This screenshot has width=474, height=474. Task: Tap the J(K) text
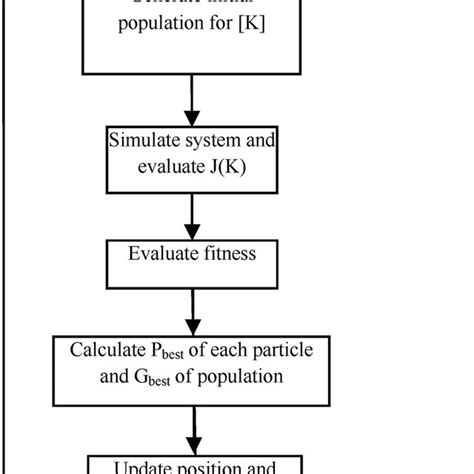click(x=232, y=167)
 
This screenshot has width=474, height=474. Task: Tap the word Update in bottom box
click(x=146, y=466)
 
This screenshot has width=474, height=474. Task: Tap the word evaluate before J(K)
click(x=170, y=167)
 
